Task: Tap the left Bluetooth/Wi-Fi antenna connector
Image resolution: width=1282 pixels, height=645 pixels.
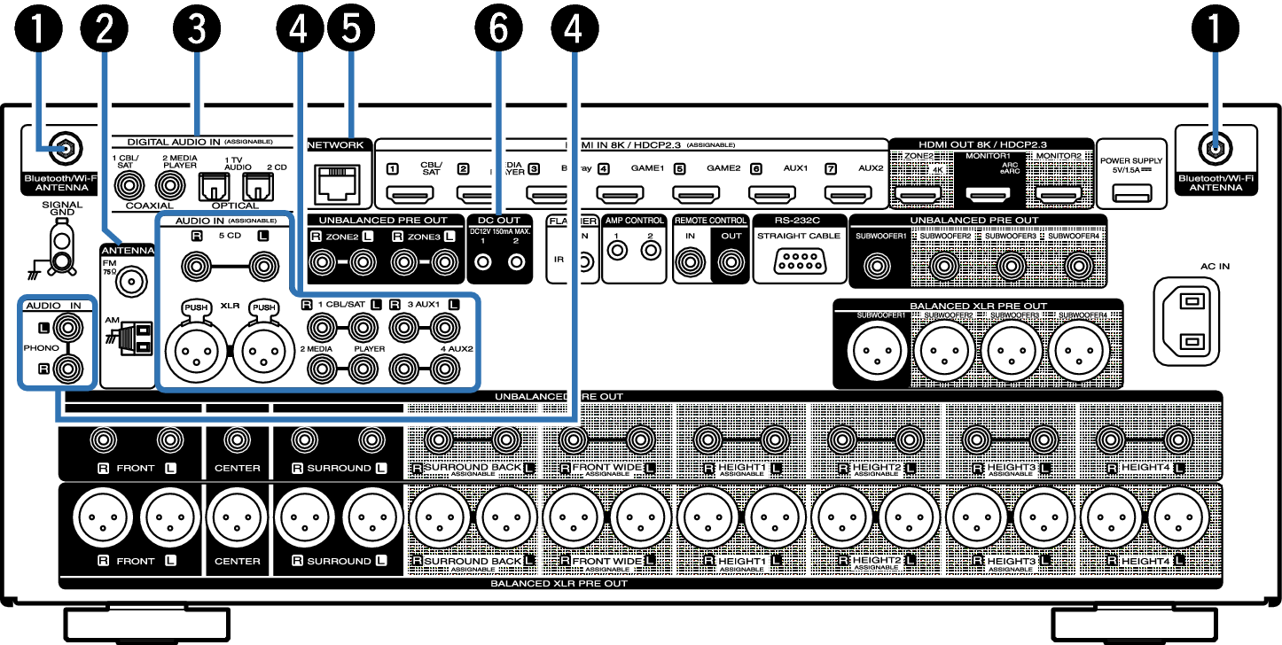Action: (x=65, y=148)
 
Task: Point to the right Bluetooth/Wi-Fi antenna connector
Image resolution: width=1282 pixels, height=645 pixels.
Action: (x=1216, y=148)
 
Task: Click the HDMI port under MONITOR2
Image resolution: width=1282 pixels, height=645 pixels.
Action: (x=1058, y=193)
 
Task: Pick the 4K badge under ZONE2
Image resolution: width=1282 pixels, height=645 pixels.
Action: (x=937, y=167)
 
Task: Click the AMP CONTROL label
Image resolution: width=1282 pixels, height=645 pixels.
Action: (x=635, y=221)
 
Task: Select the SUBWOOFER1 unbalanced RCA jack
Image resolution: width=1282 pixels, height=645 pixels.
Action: (x=879, y=264)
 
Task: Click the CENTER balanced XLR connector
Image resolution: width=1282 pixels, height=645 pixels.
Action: (x=237, y=517)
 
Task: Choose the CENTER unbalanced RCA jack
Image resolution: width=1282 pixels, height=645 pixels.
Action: (x=237, y=439)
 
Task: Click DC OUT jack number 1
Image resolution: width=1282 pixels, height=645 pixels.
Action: (x=483, y=262)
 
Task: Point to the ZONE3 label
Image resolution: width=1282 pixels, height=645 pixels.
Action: (x=424, y=237)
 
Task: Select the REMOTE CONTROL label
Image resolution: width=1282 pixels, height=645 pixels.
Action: (x=710, y=221)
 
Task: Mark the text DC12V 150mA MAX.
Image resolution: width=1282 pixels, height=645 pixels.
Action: (x=499, y=230)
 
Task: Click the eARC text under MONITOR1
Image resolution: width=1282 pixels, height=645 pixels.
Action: (x=1009, y=171)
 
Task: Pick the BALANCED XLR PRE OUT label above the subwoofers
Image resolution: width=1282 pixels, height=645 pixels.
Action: (x=978, y=306)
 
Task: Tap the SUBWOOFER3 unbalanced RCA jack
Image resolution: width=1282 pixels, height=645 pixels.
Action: (x=1011, y=264)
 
